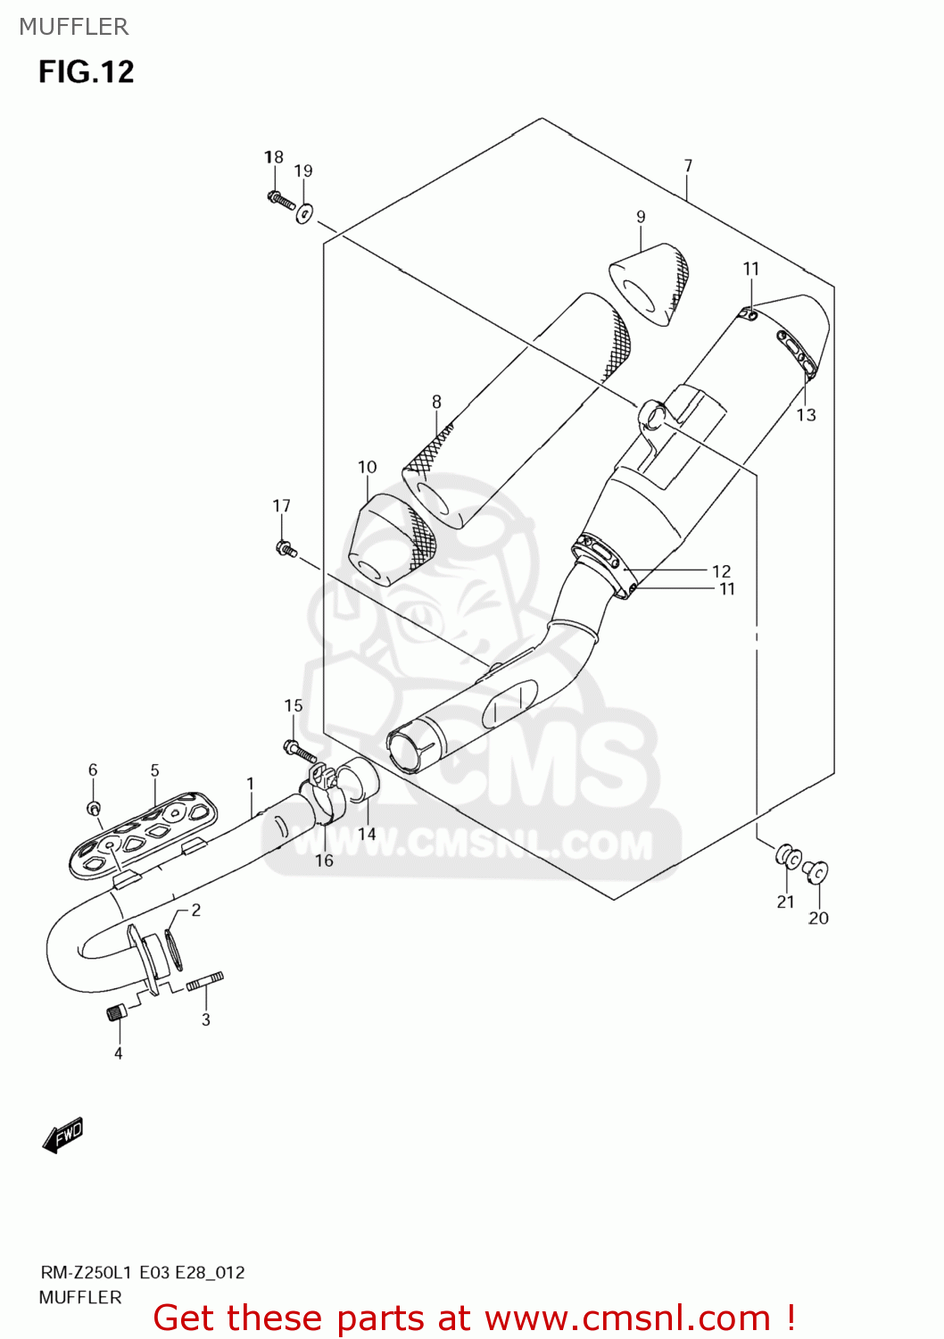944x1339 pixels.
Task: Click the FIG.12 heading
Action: (x=86, y=71)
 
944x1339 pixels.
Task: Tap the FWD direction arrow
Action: (x=62, y=1135)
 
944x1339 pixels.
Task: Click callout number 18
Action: (x=273, y=157)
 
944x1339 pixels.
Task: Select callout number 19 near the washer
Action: (x=303, y=170)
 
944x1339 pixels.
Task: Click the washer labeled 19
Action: (x=304, y=213)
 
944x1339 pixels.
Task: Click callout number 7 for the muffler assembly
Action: (x=688, y=166)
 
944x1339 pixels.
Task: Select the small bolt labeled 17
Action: (x=286, y=548)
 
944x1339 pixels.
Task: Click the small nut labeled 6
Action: (x=93, y=809)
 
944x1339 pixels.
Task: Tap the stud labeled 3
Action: (x=204, y=981)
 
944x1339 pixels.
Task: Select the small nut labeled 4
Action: (x=116, y=1012)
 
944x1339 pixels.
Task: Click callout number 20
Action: (x=818, y=918)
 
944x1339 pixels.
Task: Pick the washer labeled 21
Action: (x=787, y=856)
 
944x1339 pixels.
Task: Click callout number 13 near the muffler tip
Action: (x=806, y=414)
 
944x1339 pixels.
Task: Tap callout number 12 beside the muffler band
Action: (x=721, y=570)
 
